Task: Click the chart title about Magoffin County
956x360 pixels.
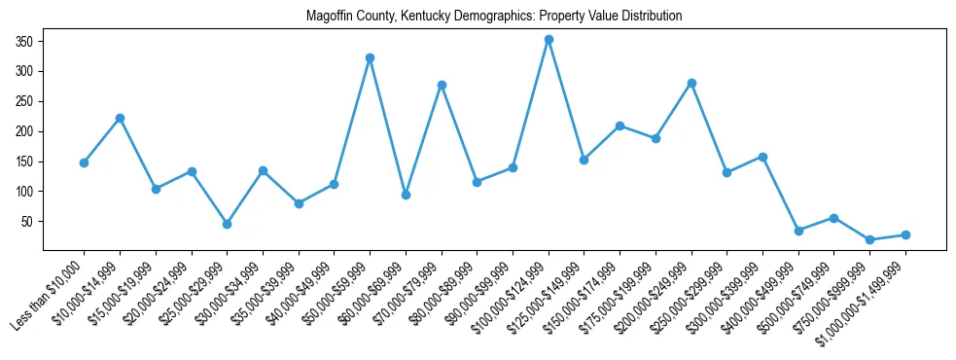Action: [x=494, y=17]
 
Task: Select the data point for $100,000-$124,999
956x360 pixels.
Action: [x=549, y=40]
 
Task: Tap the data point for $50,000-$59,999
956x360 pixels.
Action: [x=370, y=57]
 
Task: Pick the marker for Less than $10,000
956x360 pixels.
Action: [x=84, y=162]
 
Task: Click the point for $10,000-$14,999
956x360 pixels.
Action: [x=120, y=118]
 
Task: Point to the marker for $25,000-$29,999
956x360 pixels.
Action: [x=227, y=224]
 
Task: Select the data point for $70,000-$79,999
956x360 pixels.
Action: [x=442, y=85]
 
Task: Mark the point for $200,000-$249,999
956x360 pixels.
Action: [x=691, y=83]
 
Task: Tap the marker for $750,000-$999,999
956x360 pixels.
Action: [x=869, y=239]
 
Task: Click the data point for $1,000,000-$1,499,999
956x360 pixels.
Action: [x=905, y=234]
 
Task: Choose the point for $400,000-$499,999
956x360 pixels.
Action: [x=798, y=231]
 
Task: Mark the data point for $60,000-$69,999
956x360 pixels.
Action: [x=406, y=195]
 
